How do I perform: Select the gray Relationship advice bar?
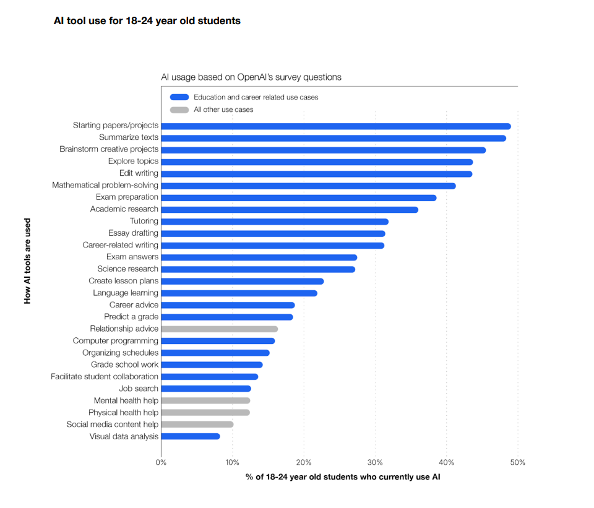click(x=219, y=329)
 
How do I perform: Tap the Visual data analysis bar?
click(x=191, y=437)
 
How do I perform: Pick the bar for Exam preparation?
click(x=299, y=198)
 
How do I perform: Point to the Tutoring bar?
click(x=275, y=222)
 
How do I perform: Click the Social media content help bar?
click(x=197, y=424)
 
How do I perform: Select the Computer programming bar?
click(x=218, y=341)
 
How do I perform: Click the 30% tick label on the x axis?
click(x=375, y=463)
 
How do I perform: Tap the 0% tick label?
click(x=161, y=463)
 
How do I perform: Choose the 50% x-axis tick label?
click(x=517, y=463)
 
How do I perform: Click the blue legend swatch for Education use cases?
click(x=179, y=97)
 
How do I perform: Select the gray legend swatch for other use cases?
click(x=179, y=110)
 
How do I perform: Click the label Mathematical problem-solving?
click(x=105, y=185)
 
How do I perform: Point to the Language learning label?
click(x=126, y=293)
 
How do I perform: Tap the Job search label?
click(x=139, y=389)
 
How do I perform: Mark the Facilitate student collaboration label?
click(x=105, y=377)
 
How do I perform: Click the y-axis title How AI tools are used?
click(x=27, y=260)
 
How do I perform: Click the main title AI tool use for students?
click(x=147, y=21)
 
